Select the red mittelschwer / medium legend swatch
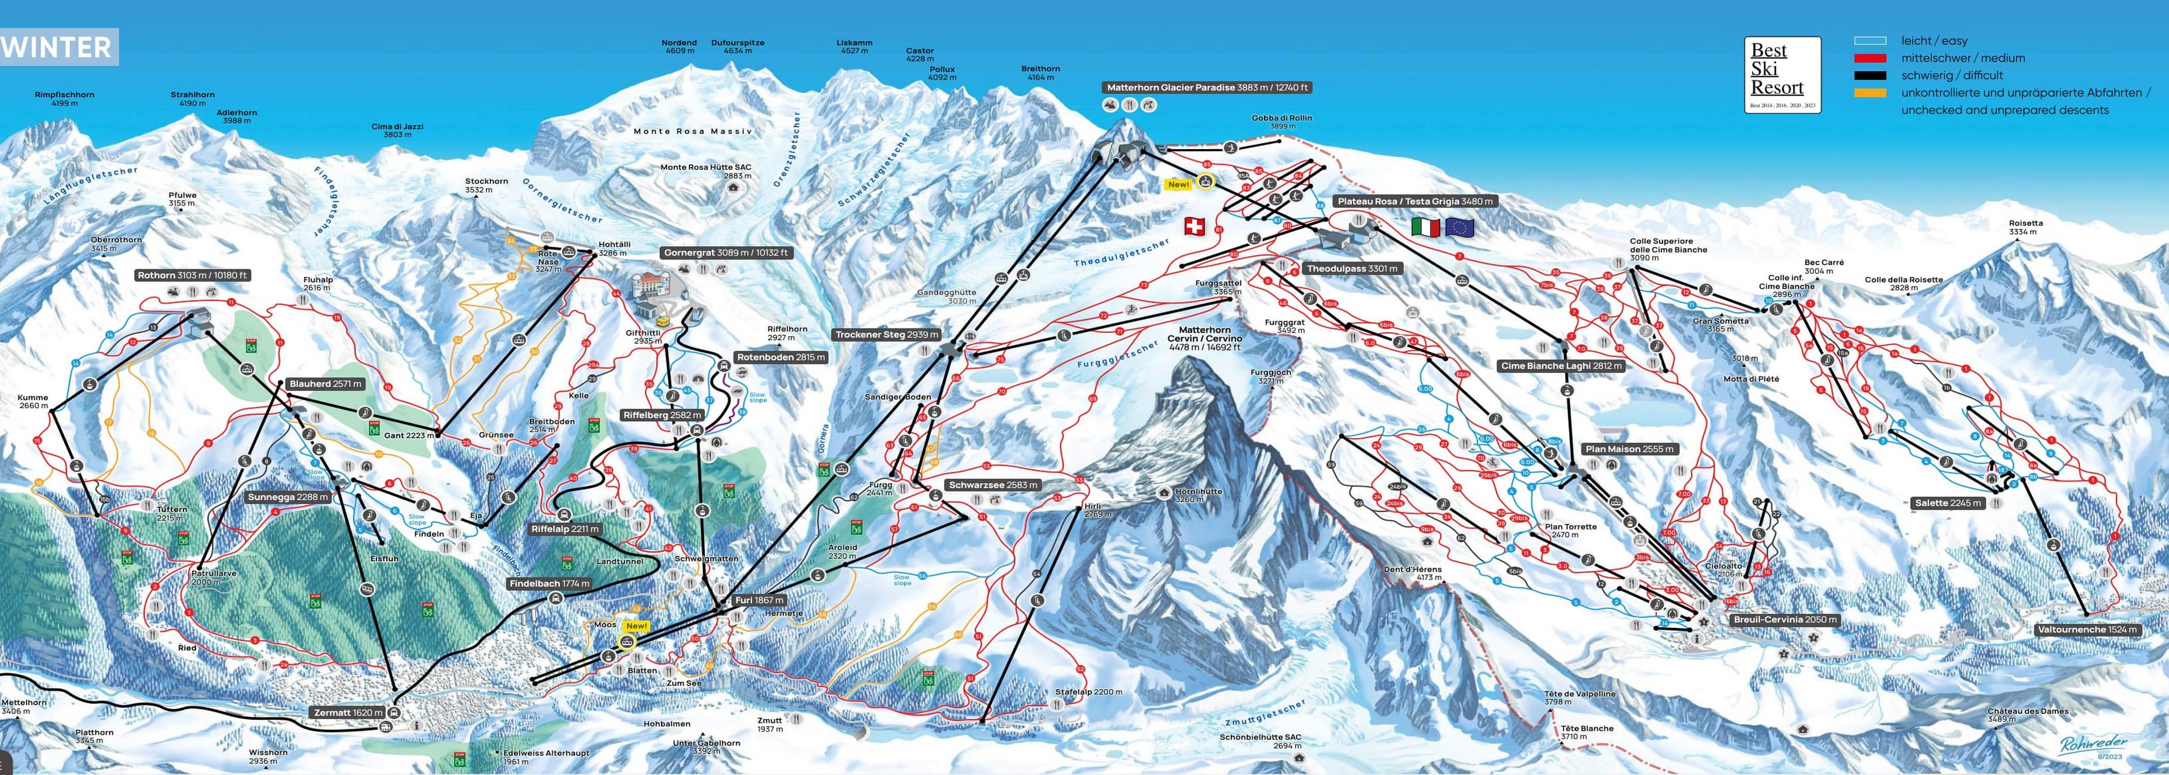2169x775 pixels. [x=1869, y=58]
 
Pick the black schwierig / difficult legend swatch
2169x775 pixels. [x=1869, y=75]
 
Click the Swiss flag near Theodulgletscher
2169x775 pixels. [x=1194, y=226]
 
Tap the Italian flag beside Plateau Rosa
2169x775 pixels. [x=1426, y=227]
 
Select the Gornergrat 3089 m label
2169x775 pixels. [x=726, y=253]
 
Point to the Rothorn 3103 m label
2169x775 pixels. [x=193, y=275]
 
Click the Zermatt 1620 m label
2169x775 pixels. [x=348, y=713]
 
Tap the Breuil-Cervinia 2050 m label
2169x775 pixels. [x=1783, y=620]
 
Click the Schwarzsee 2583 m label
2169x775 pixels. [x=993, y=485]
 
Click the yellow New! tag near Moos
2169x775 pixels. [x=637, y=626]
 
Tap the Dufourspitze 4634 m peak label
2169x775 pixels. [x=738, y=46]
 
